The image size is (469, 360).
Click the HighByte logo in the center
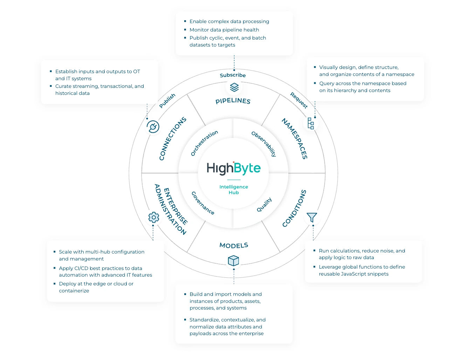(234, 168)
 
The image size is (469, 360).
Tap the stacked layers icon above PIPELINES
(234, 87)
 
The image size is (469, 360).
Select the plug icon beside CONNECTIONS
(153, 127)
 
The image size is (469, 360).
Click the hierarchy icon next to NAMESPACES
(311, 123)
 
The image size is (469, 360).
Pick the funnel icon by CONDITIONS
(312, 217)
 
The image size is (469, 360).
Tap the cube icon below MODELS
(233, 261)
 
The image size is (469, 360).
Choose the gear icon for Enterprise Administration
(153, 217)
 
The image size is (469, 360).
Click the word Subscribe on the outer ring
(233, 75)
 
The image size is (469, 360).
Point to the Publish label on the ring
(167, 101)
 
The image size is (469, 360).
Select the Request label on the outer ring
(299, 100)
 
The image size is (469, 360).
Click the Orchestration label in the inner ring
(204, 143)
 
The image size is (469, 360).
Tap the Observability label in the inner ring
(264, 144)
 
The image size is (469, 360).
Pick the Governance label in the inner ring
(203, 203)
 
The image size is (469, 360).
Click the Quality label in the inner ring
(264, 205)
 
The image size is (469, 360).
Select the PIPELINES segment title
(233, 101)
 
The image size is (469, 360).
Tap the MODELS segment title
(234, 245)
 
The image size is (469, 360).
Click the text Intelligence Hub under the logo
(234, 189)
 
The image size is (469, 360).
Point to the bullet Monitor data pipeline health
(224, 30)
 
